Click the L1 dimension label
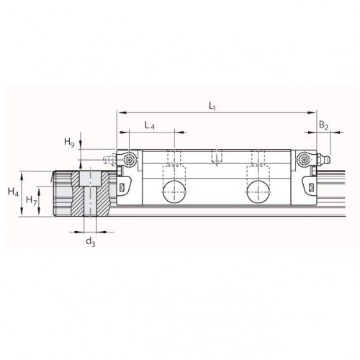tap(212, 107)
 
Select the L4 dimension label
tap(149, 125)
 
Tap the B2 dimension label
tap(323, 125)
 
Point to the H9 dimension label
tap(69, 143)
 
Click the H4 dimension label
tap(13, 192)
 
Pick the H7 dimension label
tap(32, 199)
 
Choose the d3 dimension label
tap(91, 241)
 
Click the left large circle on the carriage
tap(174, 192)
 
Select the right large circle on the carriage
tap(258, 192)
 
